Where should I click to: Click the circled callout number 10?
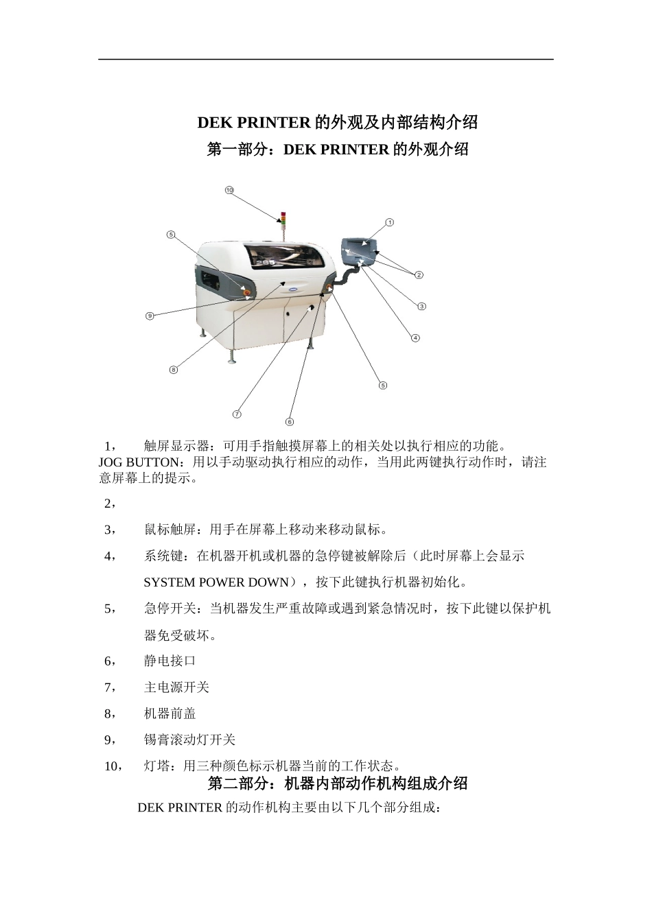[229, 189]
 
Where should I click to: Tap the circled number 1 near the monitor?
[389, 222]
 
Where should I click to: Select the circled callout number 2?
[419, 275]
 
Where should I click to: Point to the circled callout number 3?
[422, 307]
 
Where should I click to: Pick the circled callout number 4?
[415, 338]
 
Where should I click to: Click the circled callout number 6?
[290, 422]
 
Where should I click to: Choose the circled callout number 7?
[237, 414]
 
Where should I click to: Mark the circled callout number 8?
[174, 370]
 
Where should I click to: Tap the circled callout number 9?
[150, 316]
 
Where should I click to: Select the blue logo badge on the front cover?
[292, 290]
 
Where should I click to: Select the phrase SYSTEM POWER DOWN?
[216, 582]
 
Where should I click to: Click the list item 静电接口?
[170, 661]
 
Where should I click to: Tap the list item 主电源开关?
[176, 687]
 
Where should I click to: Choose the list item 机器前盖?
[170, 713]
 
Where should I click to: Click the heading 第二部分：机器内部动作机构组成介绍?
[338, 783]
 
